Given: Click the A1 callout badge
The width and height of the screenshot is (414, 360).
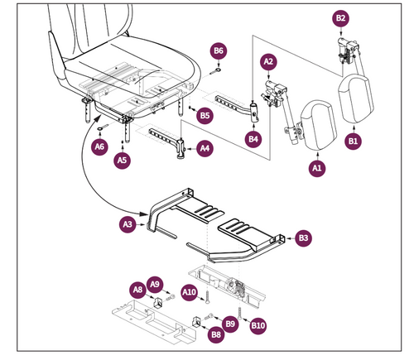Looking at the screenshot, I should click(316, 168).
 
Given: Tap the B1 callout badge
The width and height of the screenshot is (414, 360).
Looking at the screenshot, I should click(354, 142).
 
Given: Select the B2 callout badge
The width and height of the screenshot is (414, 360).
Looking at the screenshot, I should click(340, 17).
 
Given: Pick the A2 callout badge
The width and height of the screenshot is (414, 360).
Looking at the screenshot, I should click(268, 61).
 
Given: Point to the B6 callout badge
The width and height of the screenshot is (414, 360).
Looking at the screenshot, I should click(219, 51).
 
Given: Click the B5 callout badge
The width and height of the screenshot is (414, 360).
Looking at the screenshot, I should click(204, 116).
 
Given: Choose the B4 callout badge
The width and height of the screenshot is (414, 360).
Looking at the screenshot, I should click(254, 140).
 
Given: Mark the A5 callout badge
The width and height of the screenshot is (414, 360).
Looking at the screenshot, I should click(122, 159).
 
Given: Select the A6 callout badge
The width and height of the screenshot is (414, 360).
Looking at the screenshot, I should click(99, 146).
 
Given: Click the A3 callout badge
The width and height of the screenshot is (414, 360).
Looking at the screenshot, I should click(128, 223).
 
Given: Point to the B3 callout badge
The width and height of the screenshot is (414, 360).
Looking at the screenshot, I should click(304, 238).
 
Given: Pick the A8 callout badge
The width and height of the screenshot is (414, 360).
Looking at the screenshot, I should click(137, 289).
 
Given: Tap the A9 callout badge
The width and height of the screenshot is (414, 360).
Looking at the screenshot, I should click(156, 283).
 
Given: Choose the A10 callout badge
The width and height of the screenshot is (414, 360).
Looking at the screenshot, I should click(189, 291).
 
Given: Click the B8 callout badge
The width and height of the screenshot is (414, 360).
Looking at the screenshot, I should click(215, 334).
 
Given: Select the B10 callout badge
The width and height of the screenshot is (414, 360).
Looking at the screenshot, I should click(257, 326).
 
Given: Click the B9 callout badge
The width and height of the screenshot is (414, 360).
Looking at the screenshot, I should click(231, 323).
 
